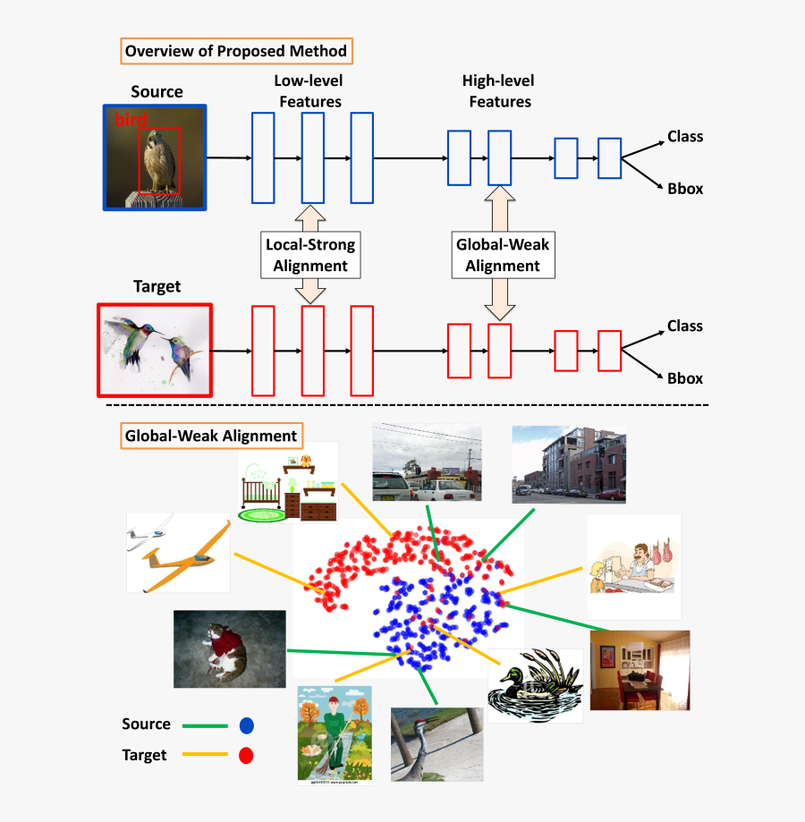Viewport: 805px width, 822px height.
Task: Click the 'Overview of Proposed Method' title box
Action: coord(236,51)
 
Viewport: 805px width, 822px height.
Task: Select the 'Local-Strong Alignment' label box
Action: coord(310,254)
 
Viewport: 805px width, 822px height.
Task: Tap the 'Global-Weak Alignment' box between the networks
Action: coord(503,254)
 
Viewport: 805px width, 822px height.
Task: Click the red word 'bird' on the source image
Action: coord(130,120)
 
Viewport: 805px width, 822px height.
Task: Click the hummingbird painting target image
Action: coord(154,350)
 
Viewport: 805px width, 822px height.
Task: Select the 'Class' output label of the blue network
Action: coord(685,137)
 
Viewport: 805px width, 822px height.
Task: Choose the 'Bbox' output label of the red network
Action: coord(685,378)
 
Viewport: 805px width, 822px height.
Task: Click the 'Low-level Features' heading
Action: coord(309,91)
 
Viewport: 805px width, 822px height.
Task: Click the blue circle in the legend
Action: coord(246,725)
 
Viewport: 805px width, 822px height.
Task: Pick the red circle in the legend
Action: coord(246,756)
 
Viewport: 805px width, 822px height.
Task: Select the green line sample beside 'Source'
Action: coord(205,725)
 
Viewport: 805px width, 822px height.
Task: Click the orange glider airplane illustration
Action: coord(179,552)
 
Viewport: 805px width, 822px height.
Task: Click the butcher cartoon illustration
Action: coord(633,567)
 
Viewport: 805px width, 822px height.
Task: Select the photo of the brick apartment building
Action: coord(568,463)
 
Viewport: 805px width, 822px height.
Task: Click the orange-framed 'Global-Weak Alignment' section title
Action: coord(210,436)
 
